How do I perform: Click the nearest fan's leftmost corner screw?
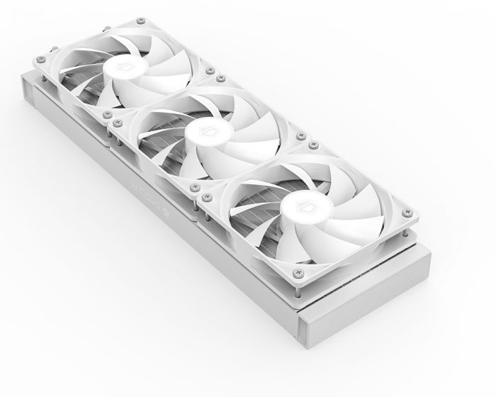(206, 194)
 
